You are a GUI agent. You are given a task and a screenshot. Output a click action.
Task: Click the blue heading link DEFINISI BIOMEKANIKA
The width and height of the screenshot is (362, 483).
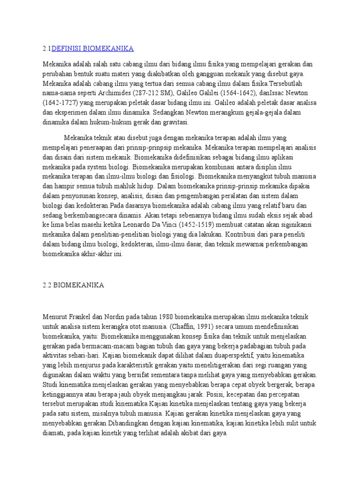[x=92, y=49]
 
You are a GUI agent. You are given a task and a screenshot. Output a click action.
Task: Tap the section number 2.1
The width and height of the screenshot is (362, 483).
[x=47, y=49]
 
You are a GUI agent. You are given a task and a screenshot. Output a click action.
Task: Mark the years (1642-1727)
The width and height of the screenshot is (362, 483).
[x=62, y=103]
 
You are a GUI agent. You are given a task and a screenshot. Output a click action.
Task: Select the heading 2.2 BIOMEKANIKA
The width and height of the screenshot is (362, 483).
[x=73, y=285]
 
